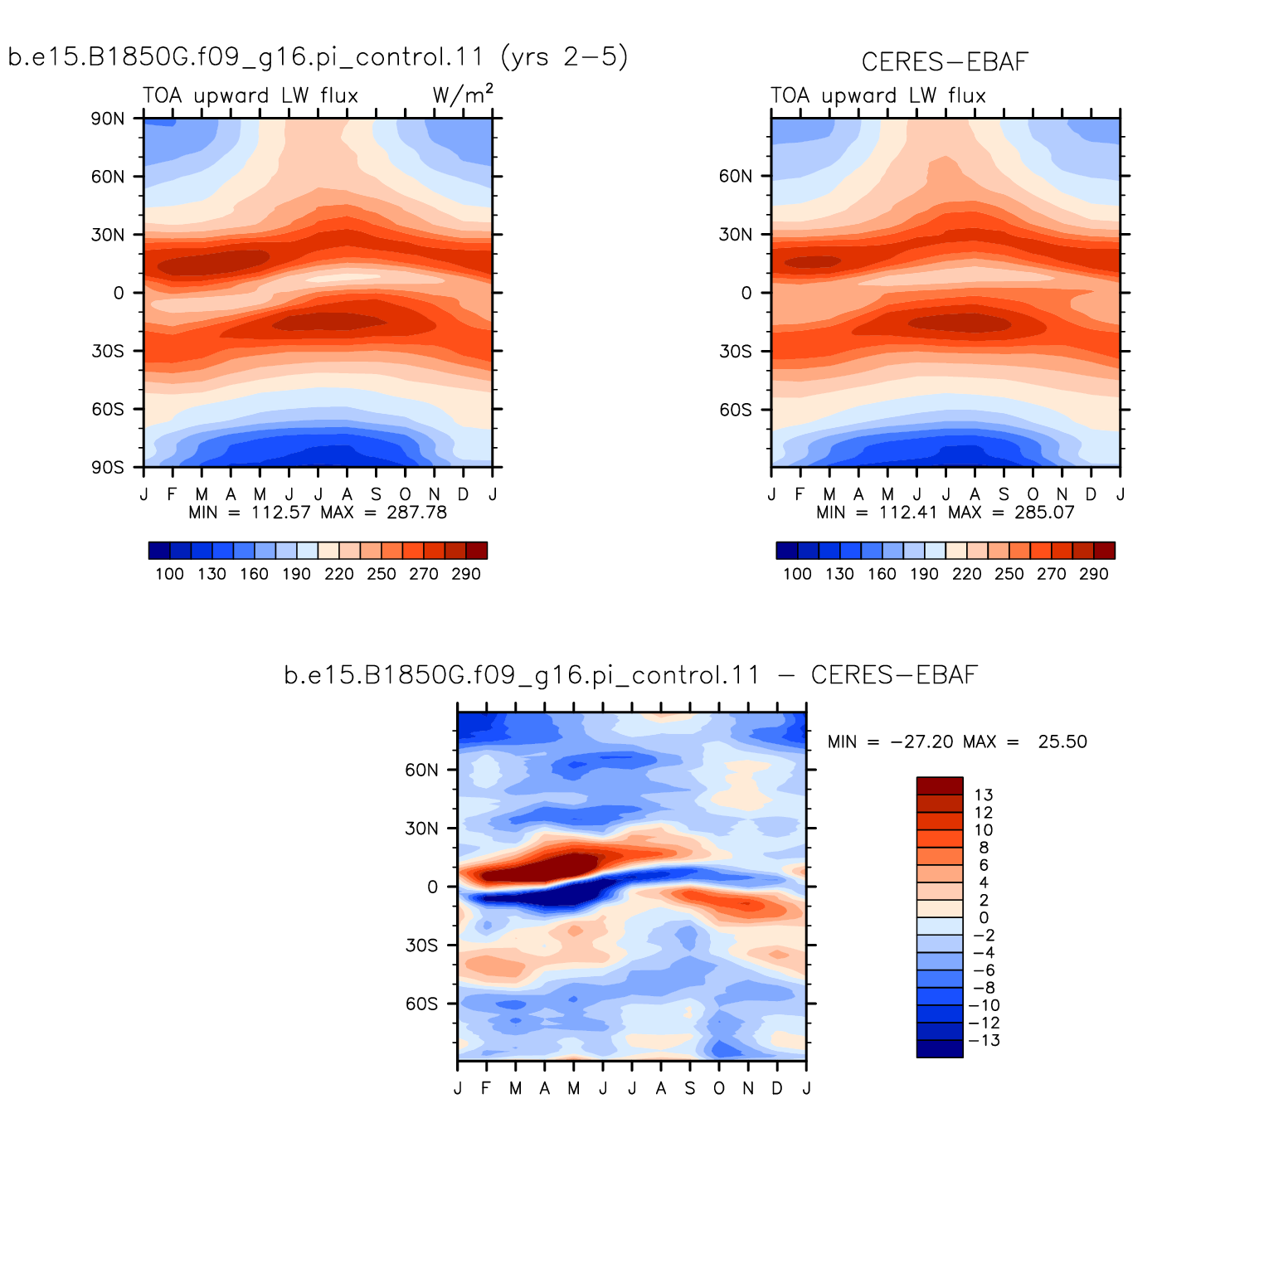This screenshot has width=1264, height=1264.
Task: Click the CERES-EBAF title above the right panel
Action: point(945,62)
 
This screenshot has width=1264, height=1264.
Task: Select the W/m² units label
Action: point(462,95)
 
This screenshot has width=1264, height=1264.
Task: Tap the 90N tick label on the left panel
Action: point(108,119)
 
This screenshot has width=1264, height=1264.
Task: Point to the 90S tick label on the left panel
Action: point(108,468)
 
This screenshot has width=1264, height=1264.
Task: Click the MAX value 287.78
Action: point(416,513)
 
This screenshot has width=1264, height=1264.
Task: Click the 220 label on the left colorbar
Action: point(339,574)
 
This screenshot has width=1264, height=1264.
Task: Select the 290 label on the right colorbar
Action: point(1094,574)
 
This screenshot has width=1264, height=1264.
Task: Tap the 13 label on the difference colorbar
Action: point(984,795)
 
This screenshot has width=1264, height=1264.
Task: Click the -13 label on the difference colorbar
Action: point(984,1041)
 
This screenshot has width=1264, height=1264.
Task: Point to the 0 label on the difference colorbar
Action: point(984,918)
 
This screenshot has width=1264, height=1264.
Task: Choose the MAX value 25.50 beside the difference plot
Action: point(1062,742)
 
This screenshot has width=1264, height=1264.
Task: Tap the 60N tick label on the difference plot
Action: point(421,770)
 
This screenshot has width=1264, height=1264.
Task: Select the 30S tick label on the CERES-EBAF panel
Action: point(736,352)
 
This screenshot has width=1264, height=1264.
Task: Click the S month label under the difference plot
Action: point(690,1088)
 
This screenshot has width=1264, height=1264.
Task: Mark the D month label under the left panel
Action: point(463,494)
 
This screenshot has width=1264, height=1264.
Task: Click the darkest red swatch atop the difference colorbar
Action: point(940,786)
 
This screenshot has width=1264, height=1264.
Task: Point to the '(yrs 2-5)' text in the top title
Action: point(565,56)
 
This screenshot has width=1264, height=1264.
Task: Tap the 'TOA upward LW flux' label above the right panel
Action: point(878,95)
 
